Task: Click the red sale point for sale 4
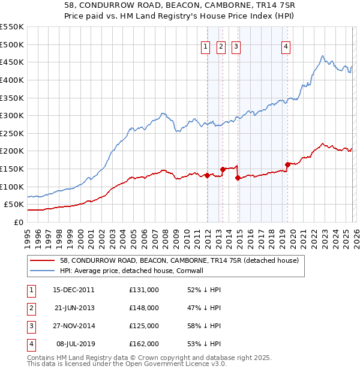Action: click(287, 164)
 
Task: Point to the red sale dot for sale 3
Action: click(238, 178)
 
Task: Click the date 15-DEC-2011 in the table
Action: click(74, 290)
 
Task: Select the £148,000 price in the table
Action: click(144, 308)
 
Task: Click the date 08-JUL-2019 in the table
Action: click(74, 344)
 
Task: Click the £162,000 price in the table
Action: click(144, 344)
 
